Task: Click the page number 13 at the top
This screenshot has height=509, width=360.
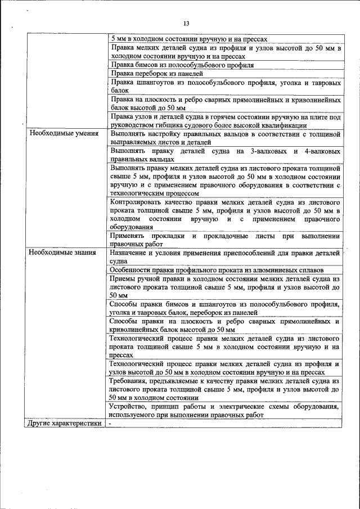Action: (x=186, y=23)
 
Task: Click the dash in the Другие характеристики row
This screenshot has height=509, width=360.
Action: (x=111, y=423)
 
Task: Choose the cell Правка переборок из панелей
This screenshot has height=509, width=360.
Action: (x=150, y=73)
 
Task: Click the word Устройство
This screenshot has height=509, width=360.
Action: (x=132, y=407)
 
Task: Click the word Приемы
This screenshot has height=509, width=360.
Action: (x=124, y=278)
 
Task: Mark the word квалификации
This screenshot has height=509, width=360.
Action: (x=281, y=126)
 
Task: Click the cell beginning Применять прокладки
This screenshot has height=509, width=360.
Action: (x=224, y=240)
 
